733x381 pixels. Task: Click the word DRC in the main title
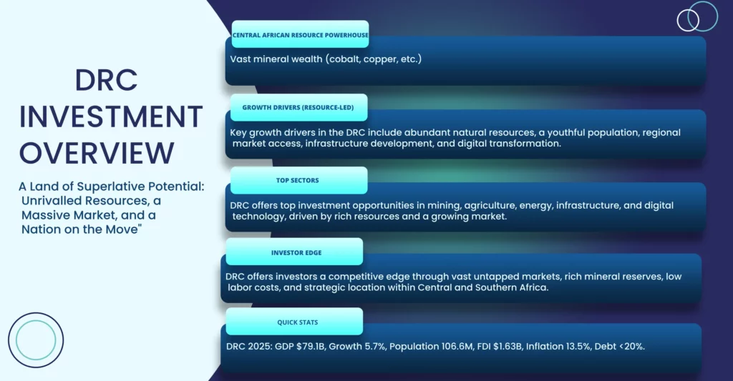[x=106, y=80]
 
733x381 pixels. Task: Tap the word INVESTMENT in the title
[x=111, y=117]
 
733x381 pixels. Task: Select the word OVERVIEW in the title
[x=97, y=153]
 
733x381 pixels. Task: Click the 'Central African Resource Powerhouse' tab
[x=300, y=34]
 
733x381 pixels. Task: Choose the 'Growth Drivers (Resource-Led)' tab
[x=298, y=107]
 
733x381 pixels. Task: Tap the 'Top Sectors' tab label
[x=298, y=180]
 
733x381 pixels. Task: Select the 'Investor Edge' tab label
[x=296, y=252]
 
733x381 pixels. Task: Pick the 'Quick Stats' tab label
[x=297, y=322]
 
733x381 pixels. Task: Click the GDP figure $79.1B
[x=311, y=347]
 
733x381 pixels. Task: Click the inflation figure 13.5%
[x=577, y=347]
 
